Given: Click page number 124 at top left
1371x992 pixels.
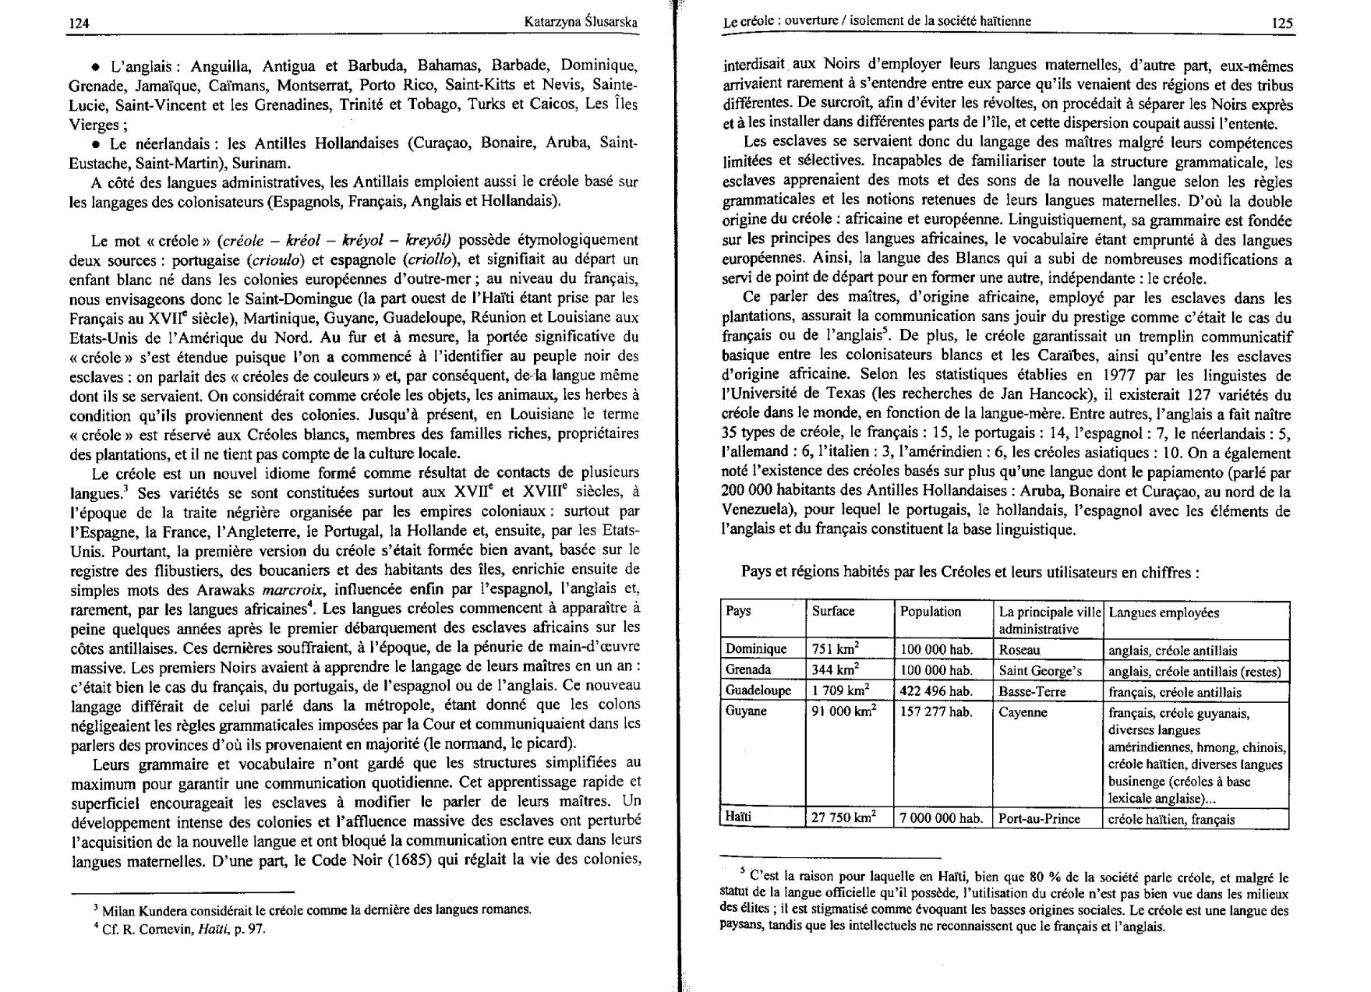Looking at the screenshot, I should [x=79, y=23].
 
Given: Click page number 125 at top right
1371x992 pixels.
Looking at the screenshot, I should [x=1282, y=23].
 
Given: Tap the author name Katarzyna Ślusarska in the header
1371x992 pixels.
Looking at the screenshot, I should [x=581, y=23].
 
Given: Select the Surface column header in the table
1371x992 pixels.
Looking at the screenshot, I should [x=833, y=611].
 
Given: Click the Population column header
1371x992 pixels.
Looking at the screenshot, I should [x=931, y=612].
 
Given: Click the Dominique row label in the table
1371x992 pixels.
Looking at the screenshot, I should [x=756, y=649].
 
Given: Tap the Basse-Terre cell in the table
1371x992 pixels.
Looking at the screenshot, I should [x=1032, y=691].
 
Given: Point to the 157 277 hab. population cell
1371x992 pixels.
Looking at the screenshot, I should [x=936, y=711].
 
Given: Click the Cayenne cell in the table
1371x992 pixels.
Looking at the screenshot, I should [x=1023, y=711].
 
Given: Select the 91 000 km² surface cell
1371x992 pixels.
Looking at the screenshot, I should [x=844, y=711].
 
